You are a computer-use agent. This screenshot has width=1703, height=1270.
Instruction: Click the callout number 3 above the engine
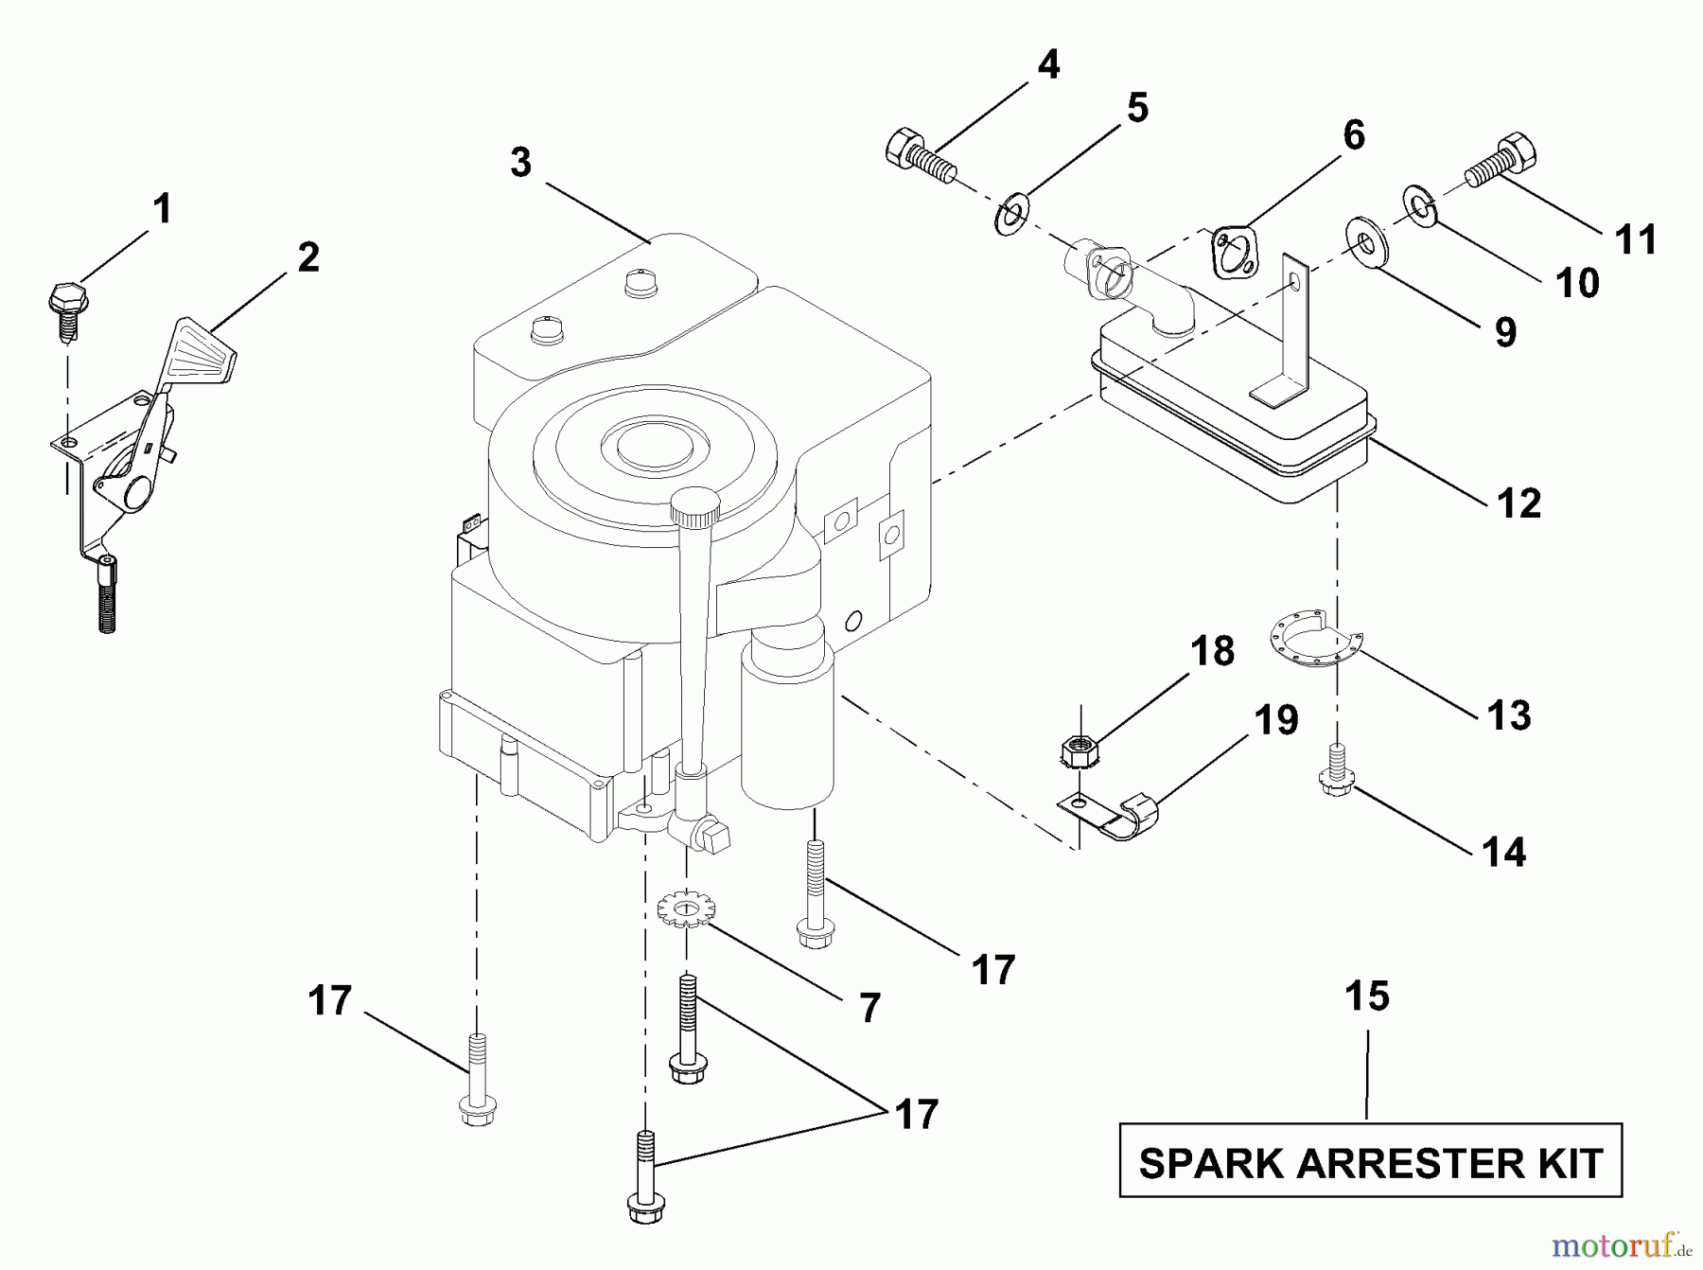(521, 163)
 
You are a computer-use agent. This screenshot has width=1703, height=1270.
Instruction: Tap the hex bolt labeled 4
(919, 155)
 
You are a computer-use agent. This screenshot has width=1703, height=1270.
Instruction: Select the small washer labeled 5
(1013, 217)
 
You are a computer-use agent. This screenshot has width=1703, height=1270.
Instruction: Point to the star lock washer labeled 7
(687, 909)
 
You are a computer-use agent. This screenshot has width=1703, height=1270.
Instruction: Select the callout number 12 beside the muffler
(1519, 503)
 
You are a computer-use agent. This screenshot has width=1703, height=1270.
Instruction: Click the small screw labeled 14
(1335, 772)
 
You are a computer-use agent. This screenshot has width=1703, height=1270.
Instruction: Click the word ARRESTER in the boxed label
(1370, 1163)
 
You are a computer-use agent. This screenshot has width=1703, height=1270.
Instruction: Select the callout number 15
(1367, 996)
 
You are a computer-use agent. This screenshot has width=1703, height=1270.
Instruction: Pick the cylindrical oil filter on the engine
(787, 729)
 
